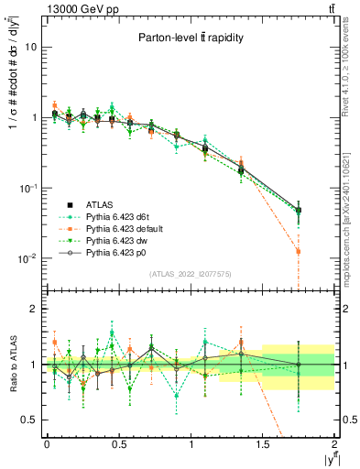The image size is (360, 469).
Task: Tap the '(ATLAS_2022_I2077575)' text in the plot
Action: pos(191,274)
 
